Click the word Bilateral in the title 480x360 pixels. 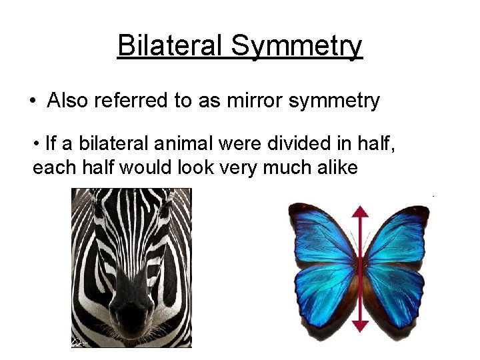(170, 46)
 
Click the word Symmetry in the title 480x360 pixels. (297, 46)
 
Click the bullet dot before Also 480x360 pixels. (33, 101)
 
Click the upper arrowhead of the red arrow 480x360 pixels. (360, 212)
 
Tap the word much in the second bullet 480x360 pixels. (287, 167)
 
